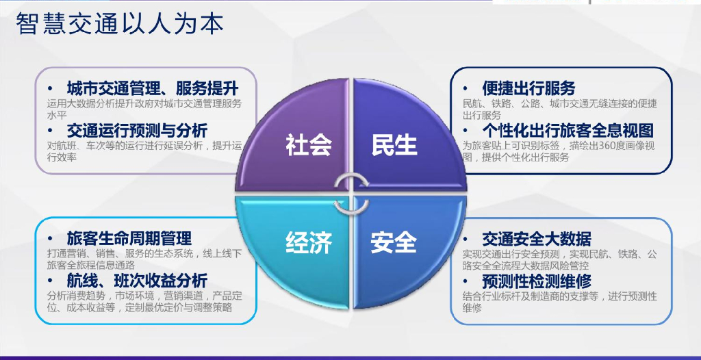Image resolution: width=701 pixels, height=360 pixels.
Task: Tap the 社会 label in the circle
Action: click(308, 145)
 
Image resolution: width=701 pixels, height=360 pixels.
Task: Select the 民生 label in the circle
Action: click(394, 145)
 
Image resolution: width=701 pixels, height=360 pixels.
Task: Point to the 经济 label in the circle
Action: click(308, 242)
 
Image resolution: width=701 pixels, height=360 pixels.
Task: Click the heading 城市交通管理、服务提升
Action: click(152, 88)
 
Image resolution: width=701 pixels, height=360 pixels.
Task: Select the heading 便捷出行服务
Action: click(528, 88)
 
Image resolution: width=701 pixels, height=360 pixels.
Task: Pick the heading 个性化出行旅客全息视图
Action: click(568, 130)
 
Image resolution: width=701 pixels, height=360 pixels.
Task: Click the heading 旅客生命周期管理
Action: click(129, 238)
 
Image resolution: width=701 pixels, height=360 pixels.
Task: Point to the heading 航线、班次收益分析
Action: click(137, 281)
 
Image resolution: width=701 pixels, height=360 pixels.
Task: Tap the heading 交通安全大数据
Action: click(536, 239)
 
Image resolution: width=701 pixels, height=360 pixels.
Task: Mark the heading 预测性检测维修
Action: click(537, 281)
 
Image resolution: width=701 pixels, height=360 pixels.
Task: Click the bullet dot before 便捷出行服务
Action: click(466, 89)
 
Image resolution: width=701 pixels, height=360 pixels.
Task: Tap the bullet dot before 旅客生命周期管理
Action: click(50, 239)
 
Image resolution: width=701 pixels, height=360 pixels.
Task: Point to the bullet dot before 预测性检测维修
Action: click(466, 281)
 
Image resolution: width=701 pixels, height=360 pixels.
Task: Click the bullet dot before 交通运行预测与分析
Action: click(50, 131)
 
